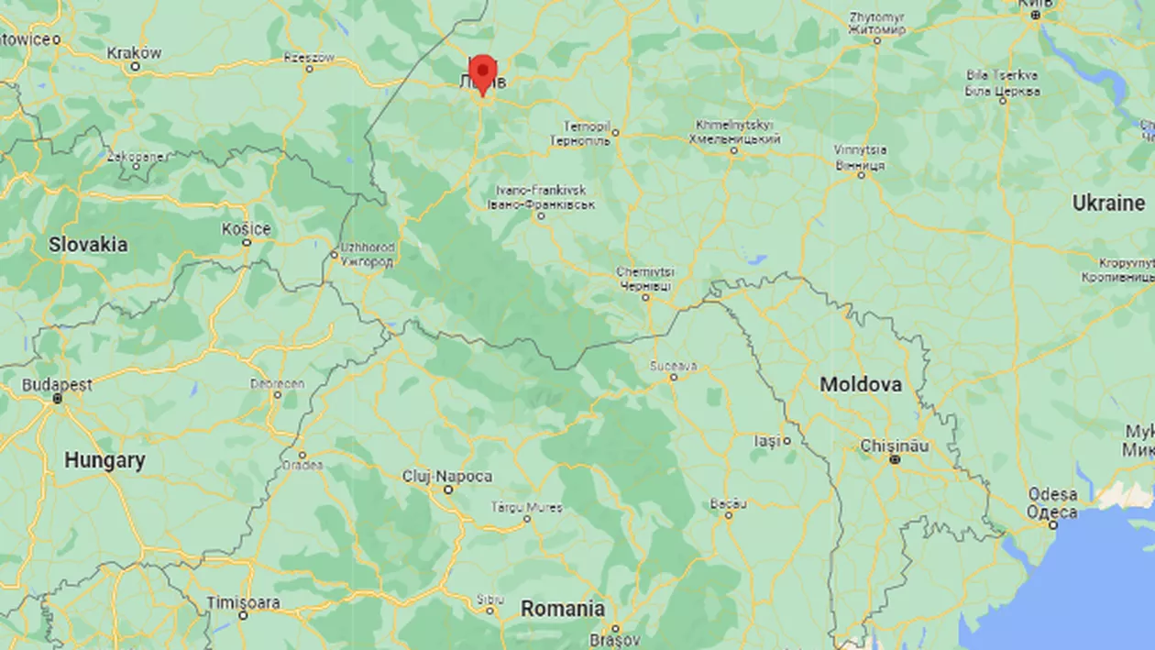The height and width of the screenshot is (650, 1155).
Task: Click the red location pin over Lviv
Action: click(482, 72)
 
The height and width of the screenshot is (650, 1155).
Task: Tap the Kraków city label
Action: click(134, 53)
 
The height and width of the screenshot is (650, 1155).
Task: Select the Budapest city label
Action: click(57, 385)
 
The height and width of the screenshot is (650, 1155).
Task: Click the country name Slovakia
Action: click(88, 245)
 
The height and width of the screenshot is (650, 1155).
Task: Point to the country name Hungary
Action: click(104, 460)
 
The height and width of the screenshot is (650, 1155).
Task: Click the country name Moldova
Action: click(860, 385)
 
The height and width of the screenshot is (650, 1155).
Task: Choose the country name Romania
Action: click(563, 609)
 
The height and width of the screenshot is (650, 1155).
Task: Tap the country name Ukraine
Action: click(1109, 203)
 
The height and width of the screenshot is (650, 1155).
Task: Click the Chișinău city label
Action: click(895, 446)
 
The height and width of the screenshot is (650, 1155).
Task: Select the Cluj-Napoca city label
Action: click(447, 477)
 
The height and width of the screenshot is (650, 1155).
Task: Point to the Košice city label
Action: click(246, 229)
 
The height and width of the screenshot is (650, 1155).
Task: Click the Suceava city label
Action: click(673, 366)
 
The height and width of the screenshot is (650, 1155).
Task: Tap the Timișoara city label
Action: click(243, 602)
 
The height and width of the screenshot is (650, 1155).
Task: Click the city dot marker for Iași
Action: click(786, 441)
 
